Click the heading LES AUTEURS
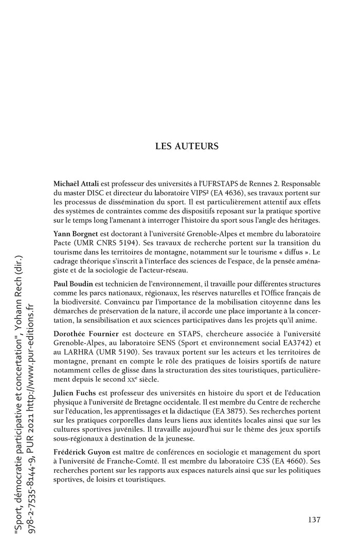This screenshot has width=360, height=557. [x=187, y=146]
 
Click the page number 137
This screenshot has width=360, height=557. [x=314, y=519]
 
